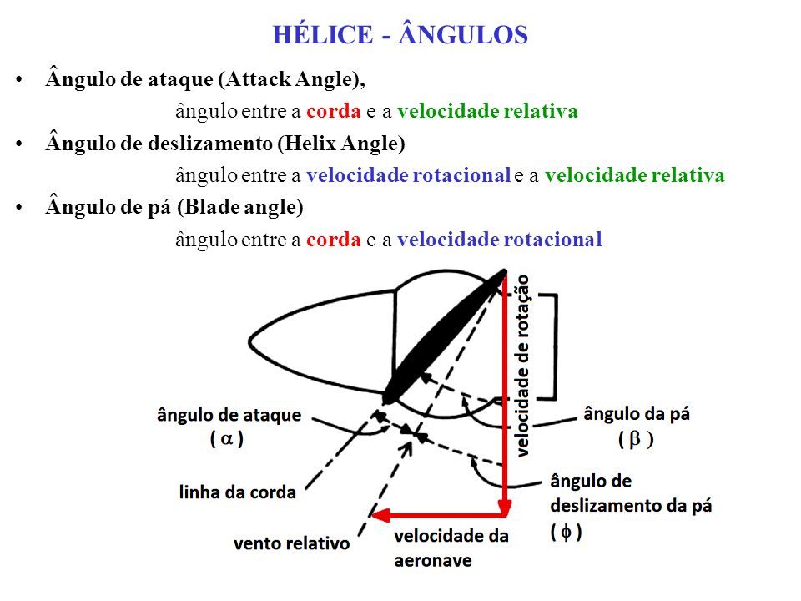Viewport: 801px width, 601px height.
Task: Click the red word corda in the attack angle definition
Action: (334, 111)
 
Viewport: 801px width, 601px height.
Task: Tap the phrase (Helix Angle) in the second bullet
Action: (341, 143)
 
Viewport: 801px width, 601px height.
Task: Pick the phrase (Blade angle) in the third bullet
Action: (240, 207)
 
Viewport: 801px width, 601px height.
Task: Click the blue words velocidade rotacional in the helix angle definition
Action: (409, 175)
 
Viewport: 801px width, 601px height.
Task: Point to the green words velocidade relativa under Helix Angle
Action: (634, 175)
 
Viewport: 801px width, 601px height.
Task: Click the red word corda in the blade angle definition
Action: (334, 240)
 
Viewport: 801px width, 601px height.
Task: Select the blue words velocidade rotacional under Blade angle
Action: (500, 240)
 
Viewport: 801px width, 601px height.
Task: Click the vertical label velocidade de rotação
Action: (523, 366)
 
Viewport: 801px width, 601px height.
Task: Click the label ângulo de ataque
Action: (229, 415)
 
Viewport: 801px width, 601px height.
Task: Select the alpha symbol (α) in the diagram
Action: (226, 438)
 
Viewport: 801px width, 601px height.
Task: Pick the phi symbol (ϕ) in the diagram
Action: (566, 532)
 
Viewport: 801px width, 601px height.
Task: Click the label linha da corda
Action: (238, 492)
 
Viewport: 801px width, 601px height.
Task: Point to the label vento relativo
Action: (292, 543)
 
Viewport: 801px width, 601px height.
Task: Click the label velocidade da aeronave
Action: (451, 548)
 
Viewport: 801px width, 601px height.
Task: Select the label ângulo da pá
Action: (637, 413)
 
